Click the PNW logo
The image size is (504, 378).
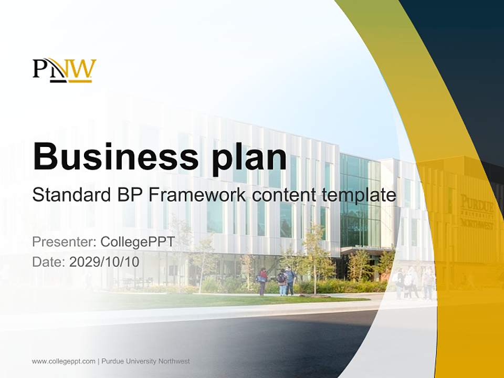click(x=65, y=70)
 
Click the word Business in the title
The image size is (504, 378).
click(x=115, y=156)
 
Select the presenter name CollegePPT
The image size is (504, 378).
click(x=138, y=242)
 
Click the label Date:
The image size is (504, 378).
click(x=49, y=261)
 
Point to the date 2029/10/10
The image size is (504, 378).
click(x=104, y=261)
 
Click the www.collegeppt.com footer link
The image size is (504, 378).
click(x=64, y=361)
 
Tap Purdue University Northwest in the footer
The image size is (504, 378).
click(x=145, y=361)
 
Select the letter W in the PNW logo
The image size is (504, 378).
click(x=83, y=69)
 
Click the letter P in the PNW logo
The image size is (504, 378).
click(x=40, y=68)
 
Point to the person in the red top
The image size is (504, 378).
click(x=263, y=281)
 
